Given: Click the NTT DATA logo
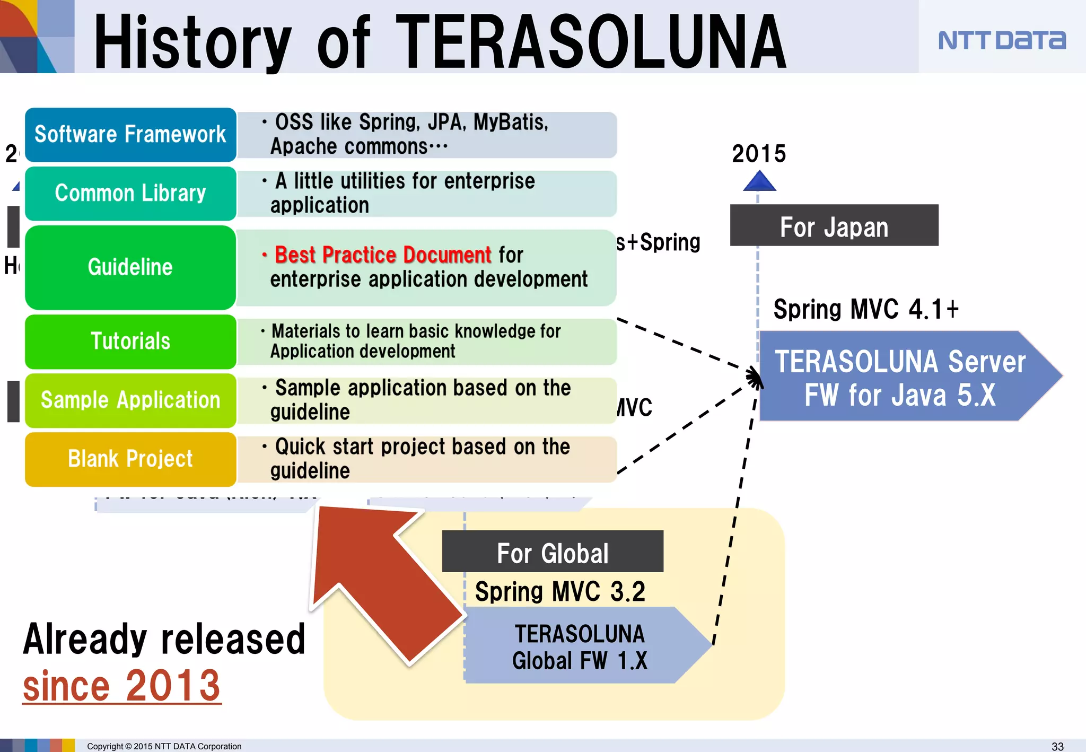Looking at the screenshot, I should pos(1001,40).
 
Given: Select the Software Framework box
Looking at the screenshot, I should pos(130,135).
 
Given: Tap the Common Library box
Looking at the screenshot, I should pos(130,194).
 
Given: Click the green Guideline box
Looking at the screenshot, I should pos(130,267).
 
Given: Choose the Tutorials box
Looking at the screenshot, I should pos(130,342).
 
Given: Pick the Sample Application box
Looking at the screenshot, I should pos(130,400).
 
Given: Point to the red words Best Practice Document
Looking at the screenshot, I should pos(383,255).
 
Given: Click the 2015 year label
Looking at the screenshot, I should pos(759,154).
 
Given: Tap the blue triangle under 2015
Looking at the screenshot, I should pos(759,182).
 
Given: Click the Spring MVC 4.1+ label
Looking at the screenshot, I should pos(865,310).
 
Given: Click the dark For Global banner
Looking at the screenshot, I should pos(553,552).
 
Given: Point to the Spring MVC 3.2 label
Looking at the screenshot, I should pos(560,592).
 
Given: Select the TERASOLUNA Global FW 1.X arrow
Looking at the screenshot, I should pos(579,646).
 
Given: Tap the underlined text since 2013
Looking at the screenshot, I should pos(121,686).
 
